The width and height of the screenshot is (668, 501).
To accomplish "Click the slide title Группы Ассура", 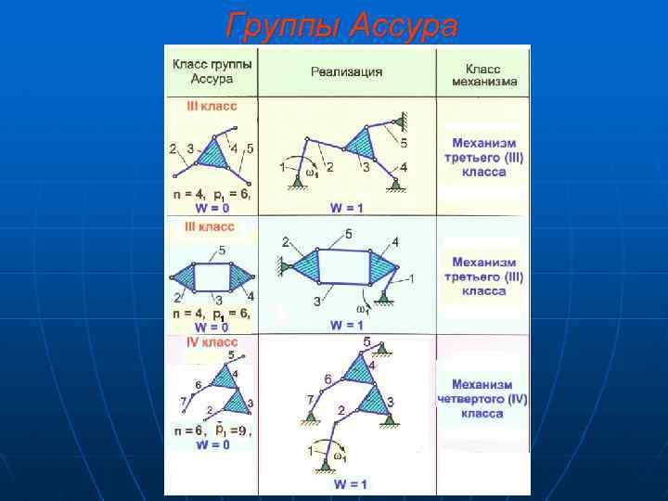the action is point(341,26).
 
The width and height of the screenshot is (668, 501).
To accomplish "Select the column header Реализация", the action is point(347,71).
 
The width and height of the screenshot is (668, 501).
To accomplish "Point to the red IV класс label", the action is point(212,342).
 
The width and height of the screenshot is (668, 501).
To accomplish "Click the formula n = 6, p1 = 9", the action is point(212,430).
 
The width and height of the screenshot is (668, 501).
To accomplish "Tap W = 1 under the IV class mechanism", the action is point(350,484).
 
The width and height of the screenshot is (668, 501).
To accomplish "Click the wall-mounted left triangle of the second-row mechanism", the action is point(296,266).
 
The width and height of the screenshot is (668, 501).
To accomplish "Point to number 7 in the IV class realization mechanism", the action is point(310,399).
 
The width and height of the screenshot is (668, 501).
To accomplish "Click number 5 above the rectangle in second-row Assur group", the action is point(221,251).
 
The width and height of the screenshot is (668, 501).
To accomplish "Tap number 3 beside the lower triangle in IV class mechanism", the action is point(391,401).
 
